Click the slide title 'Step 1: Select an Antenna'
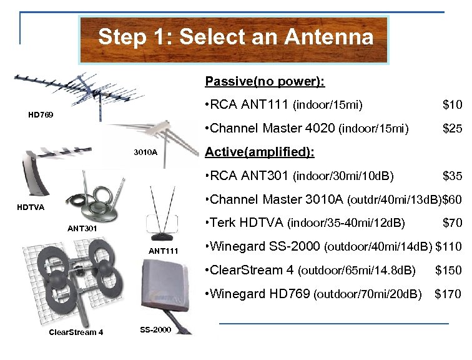[x=235, y=37]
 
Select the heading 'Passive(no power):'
[x=265, y=82]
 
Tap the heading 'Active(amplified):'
[x=260, y=152]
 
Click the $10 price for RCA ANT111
[x=452, y=104]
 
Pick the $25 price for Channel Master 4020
[x=452, y=129]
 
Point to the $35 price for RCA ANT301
[x=452, y=176]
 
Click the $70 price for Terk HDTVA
[x=452, y=222]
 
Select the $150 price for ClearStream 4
[x=448, y=270]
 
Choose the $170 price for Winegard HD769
[x=448, y=294]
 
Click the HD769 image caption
[x=41, y=115]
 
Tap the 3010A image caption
[x=145, y=152]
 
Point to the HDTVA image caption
[x=31, y=207]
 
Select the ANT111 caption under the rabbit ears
[x=164, y=251]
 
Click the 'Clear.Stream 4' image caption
[x=72, y=332]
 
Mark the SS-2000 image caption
[x=155, y=329]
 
